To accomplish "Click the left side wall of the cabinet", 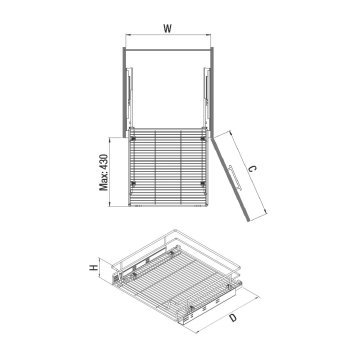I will point(126,90).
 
